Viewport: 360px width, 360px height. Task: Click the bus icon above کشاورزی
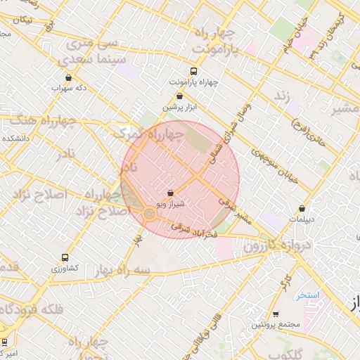tap(65, 258)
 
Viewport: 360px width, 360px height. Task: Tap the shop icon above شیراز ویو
tap(171, 193)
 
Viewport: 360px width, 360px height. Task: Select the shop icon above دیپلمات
tap(302, 209)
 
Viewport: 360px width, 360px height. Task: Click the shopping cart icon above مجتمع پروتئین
tap(276, 314)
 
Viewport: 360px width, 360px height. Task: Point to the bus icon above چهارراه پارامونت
tap(194, 71)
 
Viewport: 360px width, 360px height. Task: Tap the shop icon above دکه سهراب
tap(68, 78)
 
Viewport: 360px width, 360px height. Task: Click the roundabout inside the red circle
tap(149, 213)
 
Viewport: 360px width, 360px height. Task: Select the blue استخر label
tap(307, 295)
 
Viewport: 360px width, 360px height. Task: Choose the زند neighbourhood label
tap(282, 95)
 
